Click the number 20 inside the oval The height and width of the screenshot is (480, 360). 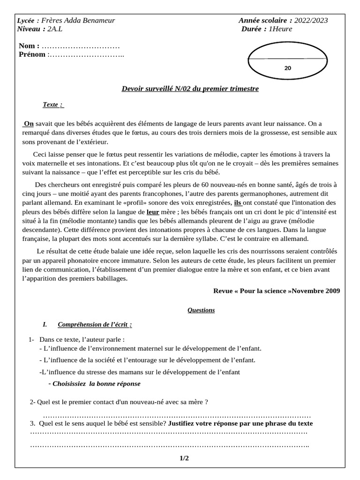point(288,68)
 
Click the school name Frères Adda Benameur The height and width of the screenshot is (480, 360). point(78,21)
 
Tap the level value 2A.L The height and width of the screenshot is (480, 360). point(55,29)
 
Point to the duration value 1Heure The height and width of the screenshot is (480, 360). point(280,29)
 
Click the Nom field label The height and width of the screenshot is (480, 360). point(29,46)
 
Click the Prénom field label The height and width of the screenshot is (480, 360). point(32,54)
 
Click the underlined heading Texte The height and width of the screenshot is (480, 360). point(52,105)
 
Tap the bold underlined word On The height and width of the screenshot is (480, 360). point(29,124)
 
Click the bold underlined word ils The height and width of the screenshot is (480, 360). point(238,203)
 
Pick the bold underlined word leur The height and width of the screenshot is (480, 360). point(153,211)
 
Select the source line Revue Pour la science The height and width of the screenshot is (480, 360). point(277,291)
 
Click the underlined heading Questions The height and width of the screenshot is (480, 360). point(201,310)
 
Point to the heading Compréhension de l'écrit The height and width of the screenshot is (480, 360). point(94,324)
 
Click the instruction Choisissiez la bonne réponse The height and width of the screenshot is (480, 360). point(94,383)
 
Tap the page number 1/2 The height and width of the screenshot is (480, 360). point(184,458)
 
